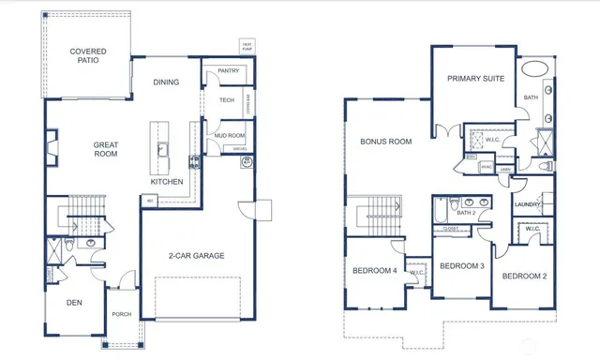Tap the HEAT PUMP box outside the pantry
pyautogui.click(x=247, y=46)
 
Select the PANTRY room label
pyautogui.click(x=227, y=70)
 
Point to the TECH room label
pyautogui.click(x=226, y=100)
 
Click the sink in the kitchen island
pyautogui.click(x=161, y=148)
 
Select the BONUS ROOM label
pyautogui.click(x=386, y=142)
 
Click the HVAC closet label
pyautogui.click(x=486, y=168)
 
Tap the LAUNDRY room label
pyautogui.click(x=530, y=203)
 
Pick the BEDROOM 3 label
pyautogui.click(x=461, y=265)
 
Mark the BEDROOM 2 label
pyautogui.click(x=523, y=276)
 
